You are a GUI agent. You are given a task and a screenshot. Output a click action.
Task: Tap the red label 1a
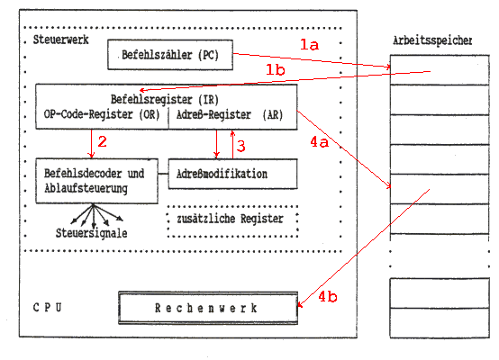tap(309, 44)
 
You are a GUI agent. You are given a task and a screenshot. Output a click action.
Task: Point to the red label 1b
tap(276, 69)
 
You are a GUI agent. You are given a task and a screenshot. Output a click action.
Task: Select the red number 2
tap(102, 141)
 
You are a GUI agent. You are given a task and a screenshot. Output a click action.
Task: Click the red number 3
tap(241, 147)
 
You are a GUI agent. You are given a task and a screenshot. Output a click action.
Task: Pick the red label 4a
tap(319, 142)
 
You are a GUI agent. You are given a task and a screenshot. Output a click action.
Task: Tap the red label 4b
tap(328, 297)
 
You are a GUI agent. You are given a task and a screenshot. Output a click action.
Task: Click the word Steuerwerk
tap(60, 40)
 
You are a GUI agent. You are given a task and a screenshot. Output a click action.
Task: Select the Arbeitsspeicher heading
tap(432, 40)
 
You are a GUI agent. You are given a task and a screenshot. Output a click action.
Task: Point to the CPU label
tap(48, 308)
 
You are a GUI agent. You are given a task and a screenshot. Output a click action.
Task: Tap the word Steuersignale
tap(91, 233)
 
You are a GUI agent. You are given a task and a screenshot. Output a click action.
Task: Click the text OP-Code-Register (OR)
tap(102, 114)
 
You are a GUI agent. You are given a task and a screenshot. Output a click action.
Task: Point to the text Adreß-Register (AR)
tap(230, 114)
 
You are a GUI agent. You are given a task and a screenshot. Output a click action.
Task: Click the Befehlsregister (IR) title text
tap(165, 100)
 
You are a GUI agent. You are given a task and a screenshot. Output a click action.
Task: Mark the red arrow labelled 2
tap(92, 143)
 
